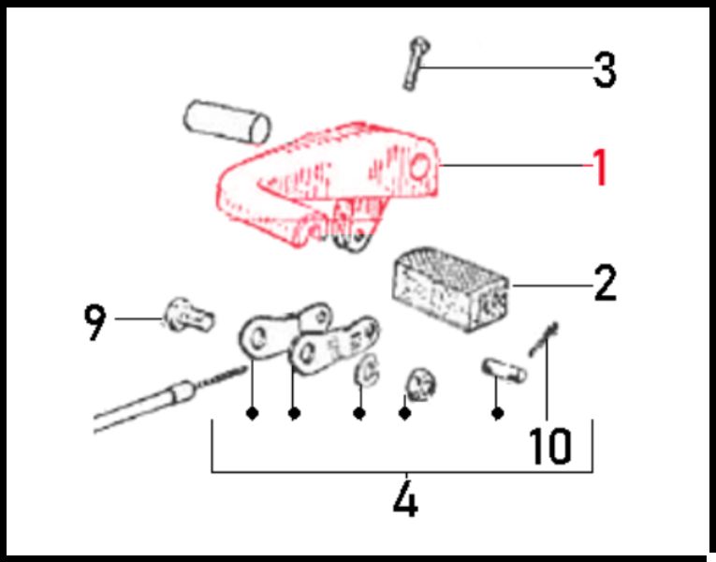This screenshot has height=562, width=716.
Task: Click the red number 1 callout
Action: point(600,167)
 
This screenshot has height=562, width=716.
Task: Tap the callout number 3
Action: point(605,70)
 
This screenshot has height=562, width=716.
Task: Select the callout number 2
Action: point(605,283)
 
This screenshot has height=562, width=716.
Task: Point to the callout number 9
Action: point(95,323)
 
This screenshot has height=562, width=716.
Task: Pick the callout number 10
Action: point(550,446)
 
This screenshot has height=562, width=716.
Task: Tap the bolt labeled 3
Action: point(416,63)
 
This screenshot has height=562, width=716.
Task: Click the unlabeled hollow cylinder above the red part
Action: point(226,121)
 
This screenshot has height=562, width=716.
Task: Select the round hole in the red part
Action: point(419,167)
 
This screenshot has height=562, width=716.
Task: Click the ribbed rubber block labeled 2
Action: point(451,288)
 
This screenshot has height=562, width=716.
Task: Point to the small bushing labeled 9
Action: point(188,316)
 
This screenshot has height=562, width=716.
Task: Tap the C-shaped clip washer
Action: point(367,369)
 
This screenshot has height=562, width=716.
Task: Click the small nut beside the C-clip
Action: point(420,383)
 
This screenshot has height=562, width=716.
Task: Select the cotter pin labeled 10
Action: point(543,339)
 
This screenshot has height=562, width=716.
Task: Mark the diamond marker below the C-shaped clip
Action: point(359,413)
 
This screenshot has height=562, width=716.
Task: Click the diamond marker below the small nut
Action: point(404,413)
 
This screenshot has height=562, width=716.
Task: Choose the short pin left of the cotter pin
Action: point(504,370)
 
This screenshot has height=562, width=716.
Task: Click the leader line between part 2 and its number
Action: point(551,286)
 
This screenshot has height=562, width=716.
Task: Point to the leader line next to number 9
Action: point(139,318)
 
